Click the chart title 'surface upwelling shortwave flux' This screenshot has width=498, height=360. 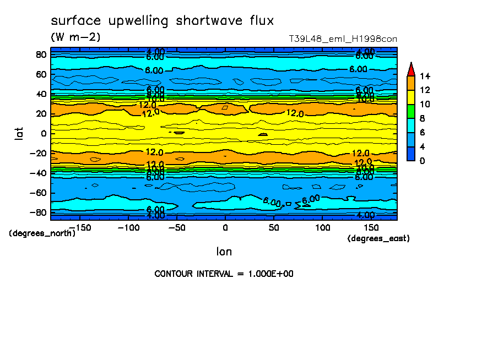click(162, 21)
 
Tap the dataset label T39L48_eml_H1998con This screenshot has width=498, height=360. click(343, 39)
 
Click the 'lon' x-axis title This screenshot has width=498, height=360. click(224, 252)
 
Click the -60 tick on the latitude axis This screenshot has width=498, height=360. click(39, 193)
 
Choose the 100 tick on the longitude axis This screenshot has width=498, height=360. click(323, 227)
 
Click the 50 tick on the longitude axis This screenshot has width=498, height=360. click(274, 227)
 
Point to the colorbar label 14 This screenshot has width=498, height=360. click(425, 76)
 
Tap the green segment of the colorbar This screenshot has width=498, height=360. click(410, 111)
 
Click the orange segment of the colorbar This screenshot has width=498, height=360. click(410, 83)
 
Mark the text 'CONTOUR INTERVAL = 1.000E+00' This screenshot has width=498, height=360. click(224, 274)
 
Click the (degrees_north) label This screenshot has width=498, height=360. click(42, 233)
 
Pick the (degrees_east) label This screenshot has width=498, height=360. click(378, 238)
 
